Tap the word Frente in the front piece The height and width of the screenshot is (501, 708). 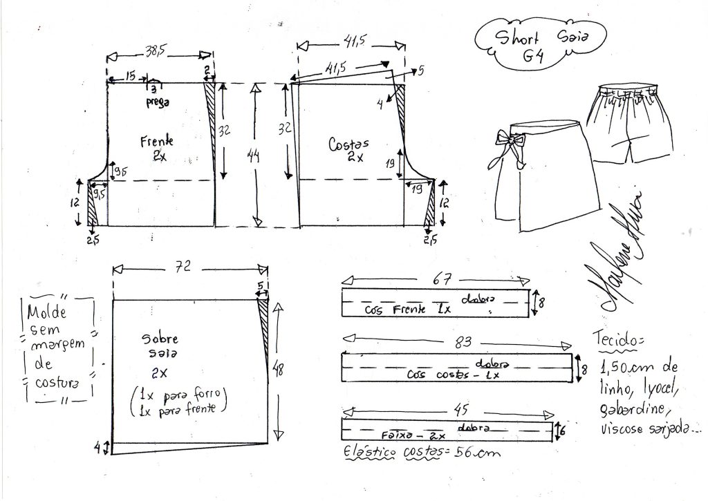tap(156, 141)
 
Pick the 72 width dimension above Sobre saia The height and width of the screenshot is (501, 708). tap(185, 266)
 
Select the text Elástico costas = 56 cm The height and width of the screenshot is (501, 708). tap(420, 453)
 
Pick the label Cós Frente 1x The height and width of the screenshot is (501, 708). tap(408, 310)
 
